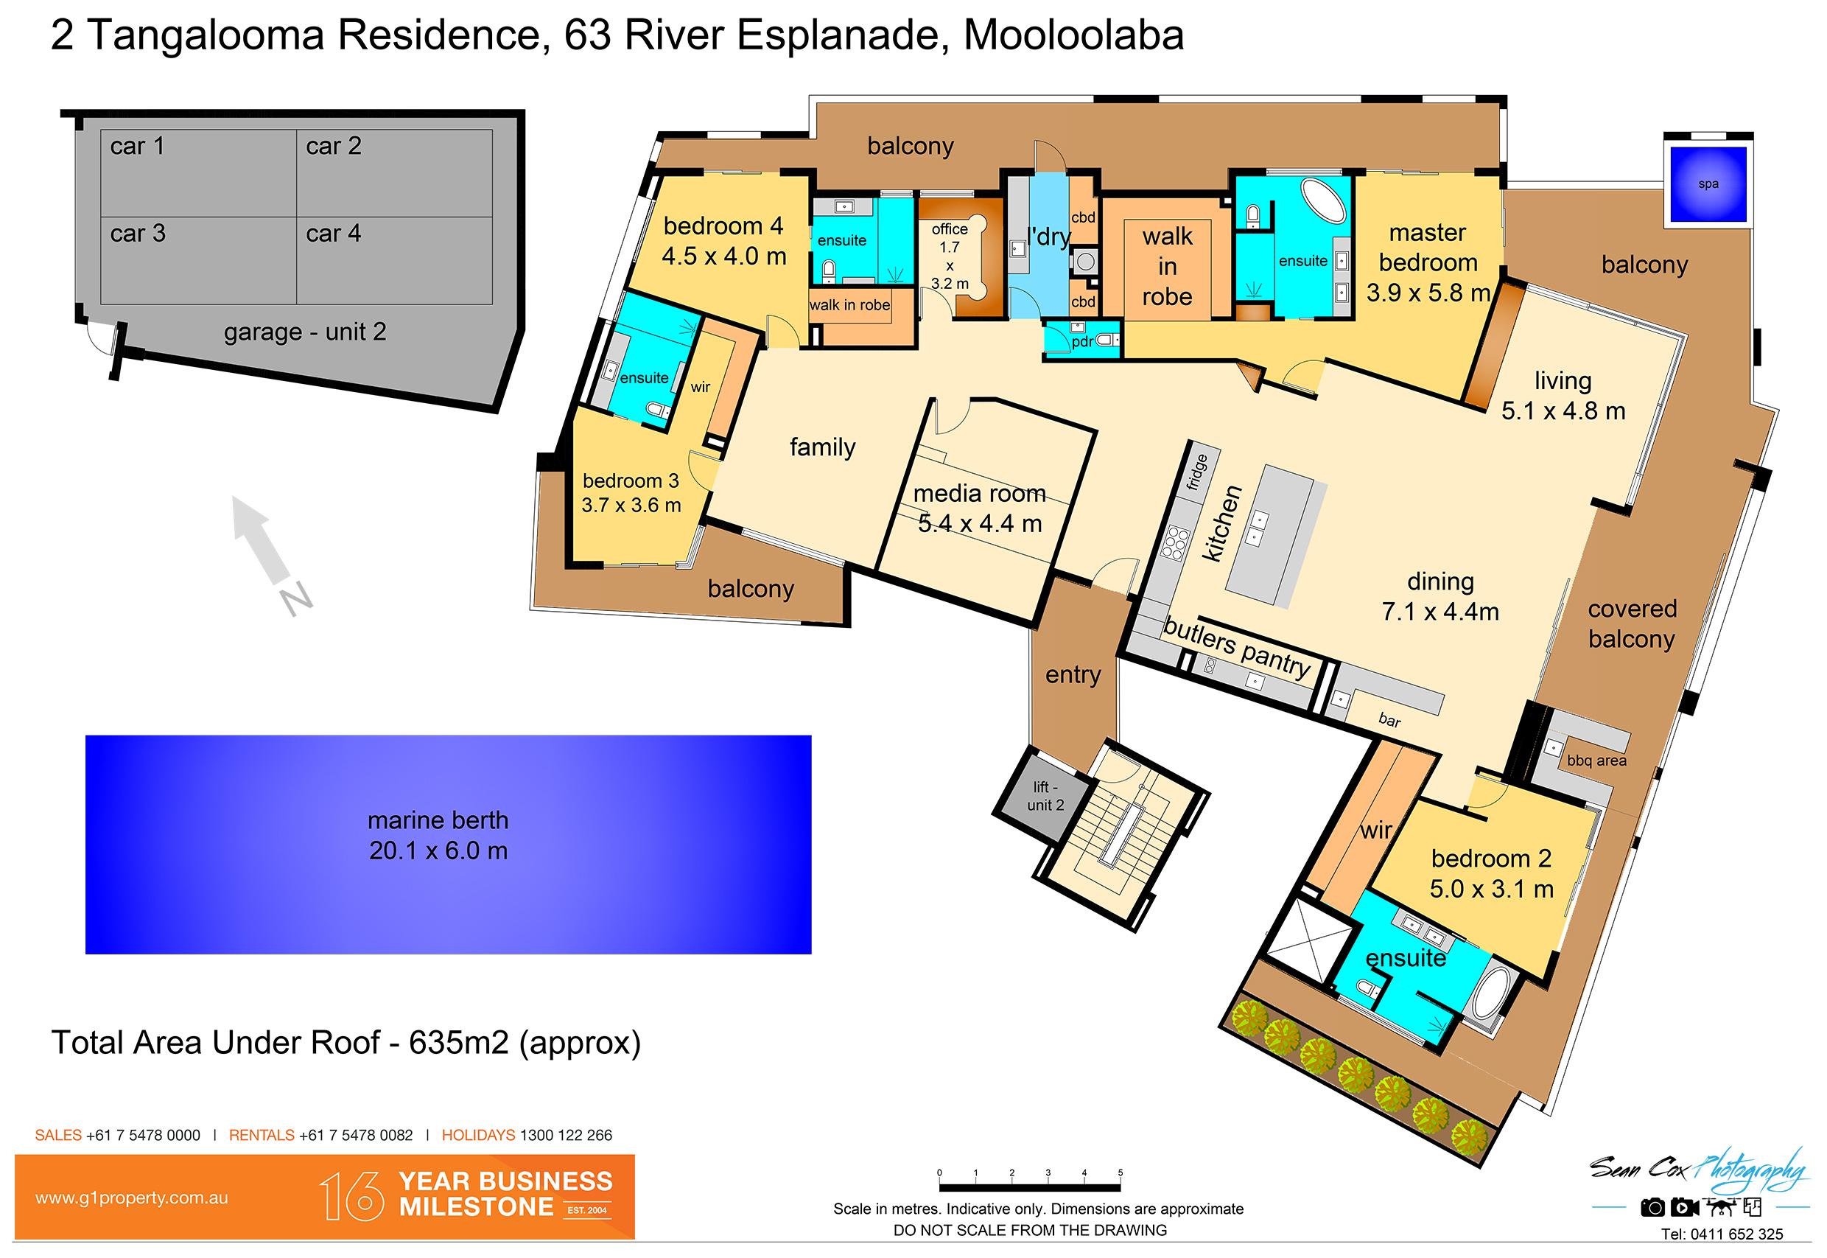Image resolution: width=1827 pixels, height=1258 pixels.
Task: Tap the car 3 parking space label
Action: (x=138, y=234)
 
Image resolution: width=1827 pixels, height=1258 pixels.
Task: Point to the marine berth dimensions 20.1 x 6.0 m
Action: (x=438, y=851)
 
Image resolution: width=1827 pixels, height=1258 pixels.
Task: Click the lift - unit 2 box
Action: (x=1046, y=795)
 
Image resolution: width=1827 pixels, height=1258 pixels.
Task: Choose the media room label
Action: (x=979, y=494)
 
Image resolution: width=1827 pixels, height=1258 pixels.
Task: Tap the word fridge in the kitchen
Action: (x=1198, y=472)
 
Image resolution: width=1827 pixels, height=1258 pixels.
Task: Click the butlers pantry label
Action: (x=1237, y=648)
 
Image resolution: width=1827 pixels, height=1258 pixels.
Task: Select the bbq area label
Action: (x=1596, y=761)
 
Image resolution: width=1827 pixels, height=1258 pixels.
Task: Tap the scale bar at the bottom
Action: (x=1030, y=1186)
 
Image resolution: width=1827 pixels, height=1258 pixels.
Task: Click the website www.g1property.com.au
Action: (x=132, y=1198)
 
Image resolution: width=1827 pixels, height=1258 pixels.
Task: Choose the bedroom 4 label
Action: (x=723, y=226)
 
